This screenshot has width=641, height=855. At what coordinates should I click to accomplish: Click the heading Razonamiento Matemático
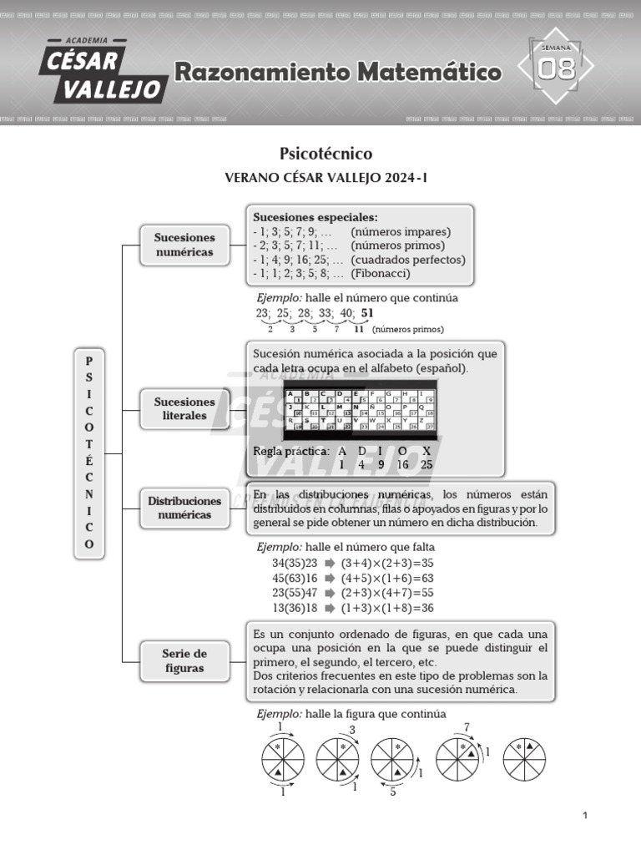[x=337, y=73]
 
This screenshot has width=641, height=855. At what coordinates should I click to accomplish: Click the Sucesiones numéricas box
[x=184, y=245]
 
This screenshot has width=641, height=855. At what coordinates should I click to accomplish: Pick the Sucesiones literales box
[x=184, y=408]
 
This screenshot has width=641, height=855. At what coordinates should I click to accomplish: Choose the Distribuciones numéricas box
[x=184, y=508]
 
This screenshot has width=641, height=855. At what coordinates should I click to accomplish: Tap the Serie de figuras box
[x=184, y=660]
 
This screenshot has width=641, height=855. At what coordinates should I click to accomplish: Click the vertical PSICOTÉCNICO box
[x=89, y=451]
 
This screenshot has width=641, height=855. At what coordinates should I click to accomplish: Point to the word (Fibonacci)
[x=381, y=273]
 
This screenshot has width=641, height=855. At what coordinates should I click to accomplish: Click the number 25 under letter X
[x=426, y=464]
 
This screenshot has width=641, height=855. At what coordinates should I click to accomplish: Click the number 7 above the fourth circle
[x=467, y=727]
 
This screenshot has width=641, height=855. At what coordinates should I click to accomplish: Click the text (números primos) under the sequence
[x=408, y=330]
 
